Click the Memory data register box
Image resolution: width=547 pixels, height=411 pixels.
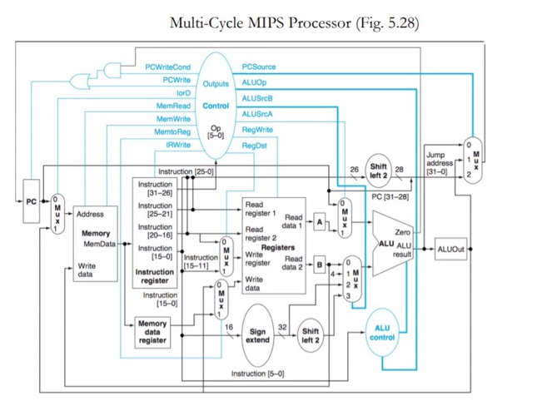pyautogui.click(x=152, y=332)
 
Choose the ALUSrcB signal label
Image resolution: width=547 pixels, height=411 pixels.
pyautogui.click(x=257, y=99)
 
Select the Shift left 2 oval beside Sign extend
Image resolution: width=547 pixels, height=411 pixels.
pyautogui.click(x=311, y=334)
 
